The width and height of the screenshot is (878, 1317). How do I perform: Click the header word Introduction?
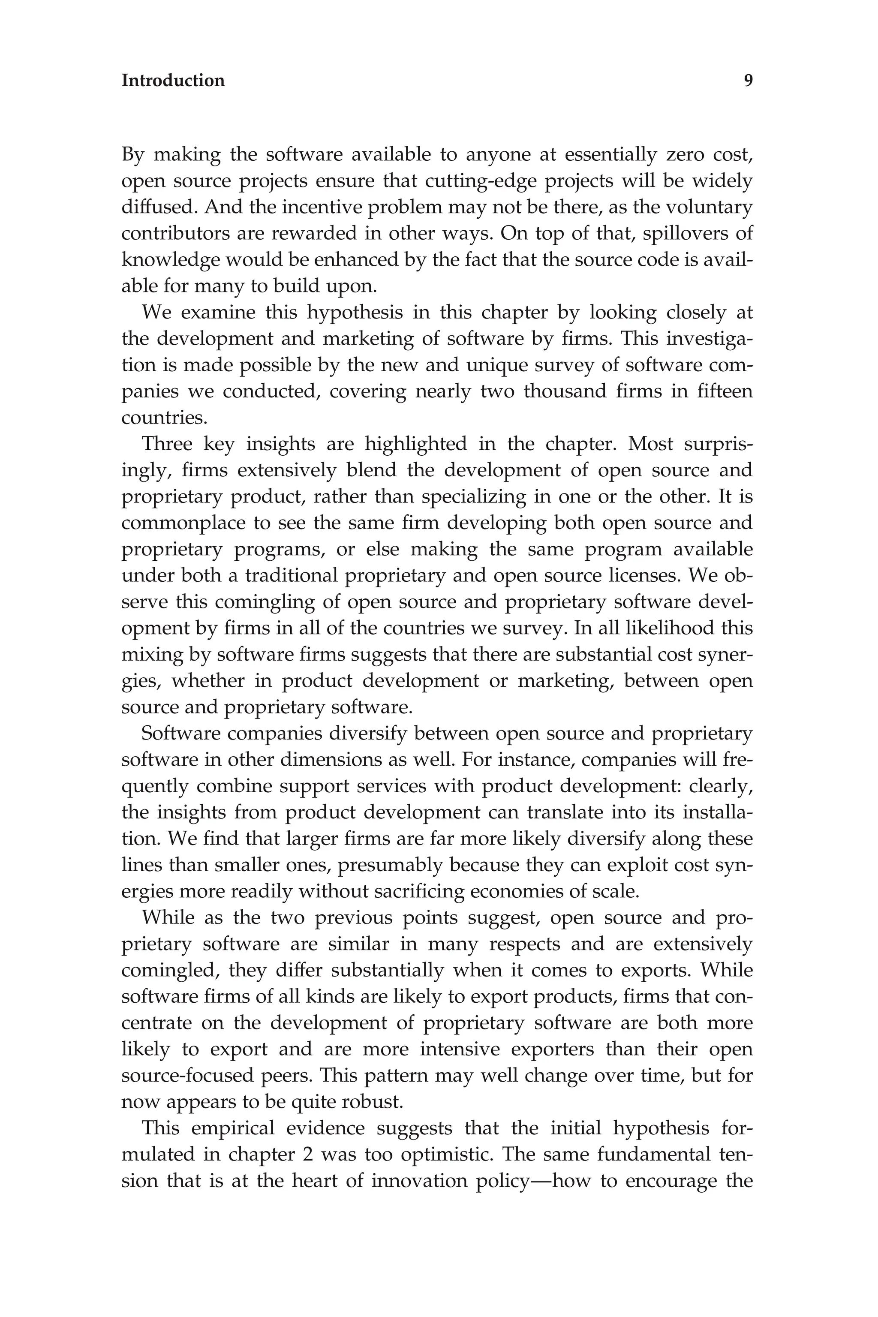pyautogui.click(x=173, y=81)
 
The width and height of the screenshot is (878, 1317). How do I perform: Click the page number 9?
pyautogui.click(x=748, y=81)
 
